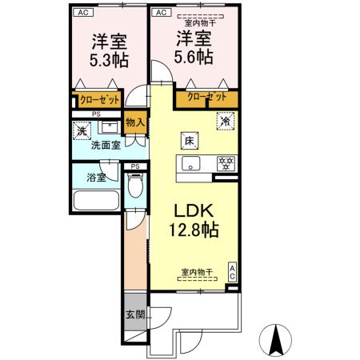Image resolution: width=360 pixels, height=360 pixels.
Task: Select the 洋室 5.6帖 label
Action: point(194,47)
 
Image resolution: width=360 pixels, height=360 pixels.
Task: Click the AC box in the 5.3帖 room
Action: point(83,13)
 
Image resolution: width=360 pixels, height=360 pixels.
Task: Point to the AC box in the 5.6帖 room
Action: point(161,13)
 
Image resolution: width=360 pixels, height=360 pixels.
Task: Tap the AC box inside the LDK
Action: point(233,271)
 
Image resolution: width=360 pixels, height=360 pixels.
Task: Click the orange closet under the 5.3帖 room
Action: point(98,99)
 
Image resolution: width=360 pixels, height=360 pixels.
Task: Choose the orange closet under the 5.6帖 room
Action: point(206,98)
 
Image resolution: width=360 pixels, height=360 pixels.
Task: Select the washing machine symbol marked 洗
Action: point(82,130)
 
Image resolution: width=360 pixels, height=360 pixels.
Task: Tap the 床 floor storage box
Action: point(190,138)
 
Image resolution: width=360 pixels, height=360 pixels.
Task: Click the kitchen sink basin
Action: point(190,165)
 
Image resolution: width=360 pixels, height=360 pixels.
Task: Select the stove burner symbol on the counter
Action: point(226,164)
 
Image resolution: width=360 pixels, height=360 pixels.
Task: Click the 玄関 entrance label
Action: point(134,315)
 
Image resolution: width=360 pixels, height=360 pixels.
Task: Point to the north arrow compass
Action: point(277,341)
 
